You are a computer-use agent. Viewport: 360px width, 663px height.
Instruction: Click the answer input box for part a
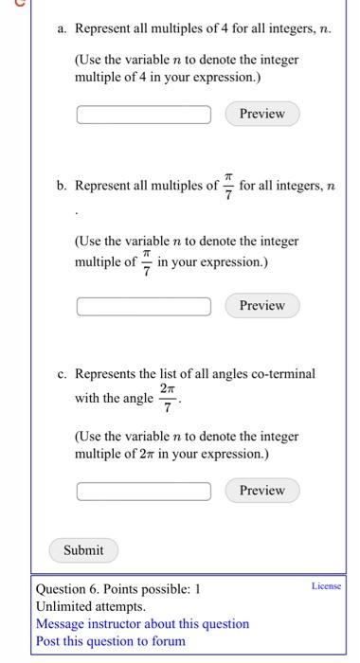[144, 115]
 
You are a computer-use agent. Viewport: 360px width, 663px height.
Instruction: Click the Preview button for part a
[261, 114]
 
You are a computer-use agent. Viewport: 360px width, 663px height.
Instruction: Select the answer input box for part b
[144, 306]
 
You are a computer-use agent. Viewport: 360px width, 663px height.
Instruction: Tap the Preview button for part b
[261, 305]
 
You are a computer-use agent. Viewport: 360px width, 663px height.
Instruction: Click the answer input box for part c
[144, 491]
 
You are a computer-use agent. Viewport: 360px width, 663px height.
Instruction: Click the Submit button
[83, 549]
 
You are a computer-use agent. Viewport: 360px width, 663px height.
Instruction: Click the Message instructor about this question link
[142, 623]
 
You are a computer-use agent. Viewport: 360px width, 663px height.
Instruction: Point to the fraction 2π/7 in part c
[167, 398]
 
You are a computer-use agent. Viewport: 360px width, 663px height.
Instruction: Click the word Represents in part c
[109, 373]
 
